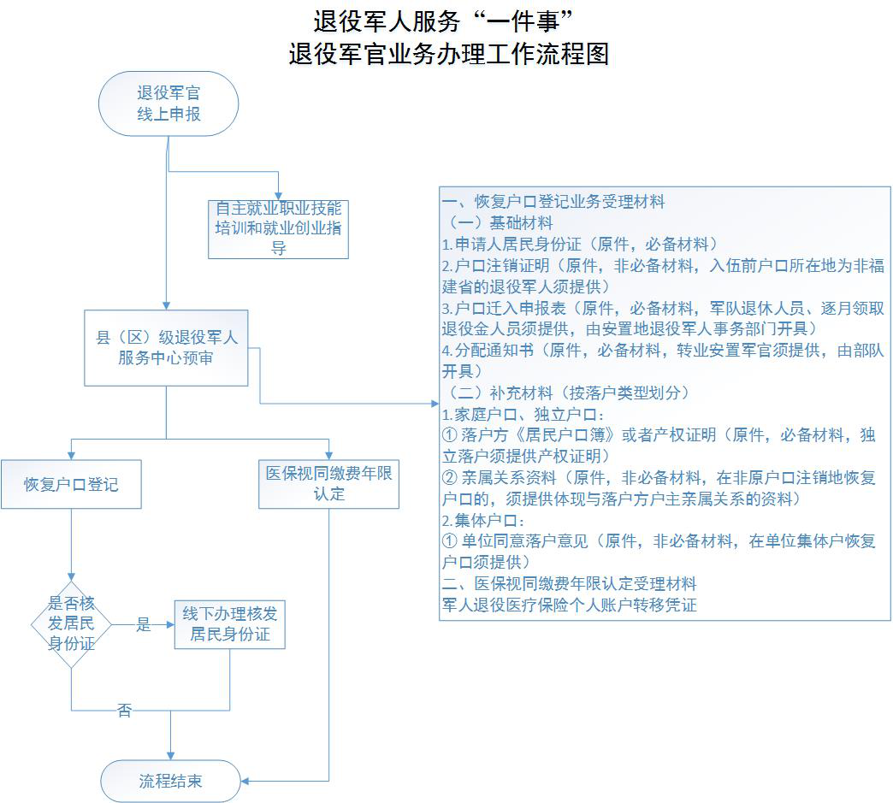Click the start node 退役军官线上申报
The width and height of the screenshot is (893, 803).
[x=169, y=103]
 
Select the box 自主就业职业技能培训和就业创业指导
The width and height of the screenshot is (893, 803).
[x=278, y=228]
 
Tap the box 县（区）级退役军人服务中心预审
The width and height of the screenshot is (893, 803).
[x=166, y=348]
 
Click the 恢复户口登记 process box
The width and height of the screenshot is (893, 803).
[x=71, y=485]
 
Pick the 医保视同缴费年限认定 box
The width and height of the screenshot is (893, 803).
[x=328, y=484]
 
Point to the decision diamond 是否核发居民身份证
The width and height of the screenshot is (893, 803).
[x=71, y=623]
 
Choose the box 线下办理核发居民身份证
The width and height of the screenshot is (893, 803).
[x=229, y=623]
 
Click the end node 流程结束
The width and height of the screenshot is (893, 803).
[x=171, y=781]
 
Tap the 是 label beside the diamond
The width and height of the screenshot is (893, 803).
[x=144, y=625]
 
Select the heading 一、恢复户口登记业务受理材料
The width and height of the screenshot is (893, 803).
[x=553, y=203]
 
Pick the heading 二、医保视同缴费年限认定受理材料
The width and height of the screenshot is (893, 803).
[x=569, y=583]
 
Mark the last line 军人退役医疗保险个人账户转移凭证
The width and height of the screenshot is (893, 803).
[x=569, y=605]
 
